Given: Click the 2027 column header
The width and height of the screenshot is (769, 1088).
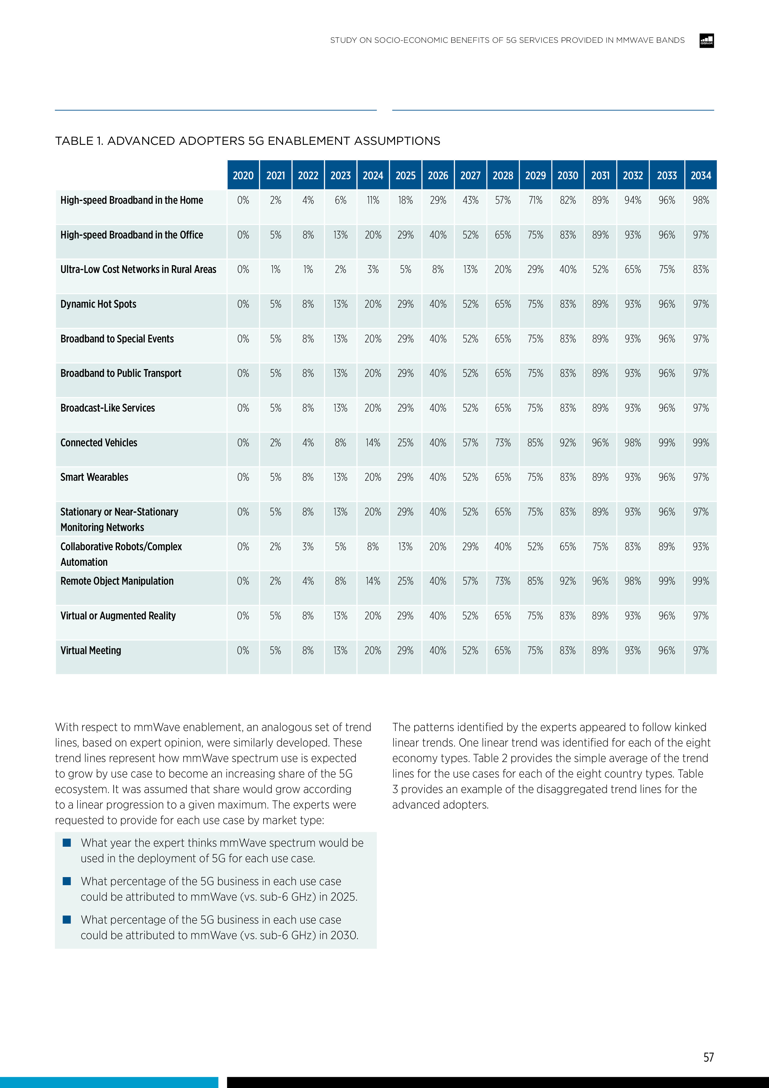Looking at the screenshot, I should [x=470, y=175].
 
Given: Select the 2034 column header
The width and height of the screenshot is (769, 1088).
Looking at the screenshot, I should [x=701, y=175].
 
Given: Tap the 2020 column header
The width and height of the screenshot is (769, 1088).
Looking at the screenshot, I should [x=243, y=175].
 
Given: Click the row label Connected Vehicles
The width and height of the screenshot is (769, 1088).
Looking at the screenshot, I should [x=99, y=443].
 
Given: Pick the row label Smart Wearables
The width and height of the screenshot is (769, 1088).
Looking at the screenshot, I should [x=94, y=477].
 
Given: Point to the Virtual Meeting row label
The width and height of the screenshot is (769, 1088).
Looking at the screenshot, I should [x=91, y=651].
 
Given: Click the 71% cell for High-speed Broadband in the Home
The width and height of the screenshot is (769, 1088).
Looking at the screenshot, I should [x=536, y=200].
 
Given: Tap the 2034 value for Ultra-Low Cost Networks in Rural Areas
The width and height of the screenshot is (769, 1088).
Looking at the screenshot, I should [x=701, y=270].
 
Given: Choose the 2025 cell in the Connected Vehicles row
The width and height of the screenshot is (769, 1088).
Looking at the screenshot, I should [x=406, y=443].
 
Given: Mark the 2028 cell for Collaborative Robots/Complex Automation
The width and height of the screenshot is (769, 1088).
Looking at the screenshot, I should [x=503, y=547].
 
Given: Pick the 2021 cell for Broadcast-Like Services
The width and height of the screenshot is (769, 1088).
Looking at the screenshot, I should [x=276, y=408].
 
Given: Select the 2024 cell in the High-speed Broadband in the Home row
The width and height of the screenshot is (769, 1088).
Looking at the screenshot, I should [x=373, y=200].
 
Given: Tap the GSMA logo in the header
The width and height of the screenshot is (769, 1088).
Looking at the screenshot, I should [x=706, y=41].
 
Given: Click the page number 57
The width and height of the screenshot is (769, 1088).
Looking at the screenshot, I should [x=708, y=1057].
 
